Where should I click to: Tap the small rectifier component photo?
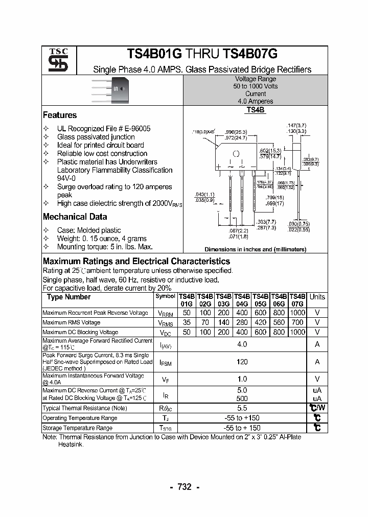[112, 89]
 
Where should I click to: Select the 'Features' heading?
[60, 115]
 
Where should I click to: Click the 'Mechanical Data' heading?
[75, 217]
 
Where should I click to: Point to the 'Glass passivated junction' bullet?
[96, 137]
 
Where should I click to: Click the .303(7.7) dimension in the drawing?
[266, 222]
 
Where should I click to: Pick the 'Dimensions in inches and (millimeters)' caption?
[255, 249]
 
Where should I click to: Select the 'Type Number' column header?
[68, 297]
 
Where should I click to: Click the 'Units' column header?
[317, 297]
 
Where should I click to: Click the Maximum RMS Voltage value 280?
[242, 322]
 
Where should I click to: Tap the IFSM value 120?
[242, 362]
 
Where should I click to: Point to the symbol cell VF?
[165, 379]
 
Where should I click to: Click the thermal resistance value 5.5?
[242, 408]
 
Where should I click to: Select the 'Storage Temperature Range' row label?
[77, 428]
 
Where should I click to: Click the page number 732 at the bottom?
[184, 487]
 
